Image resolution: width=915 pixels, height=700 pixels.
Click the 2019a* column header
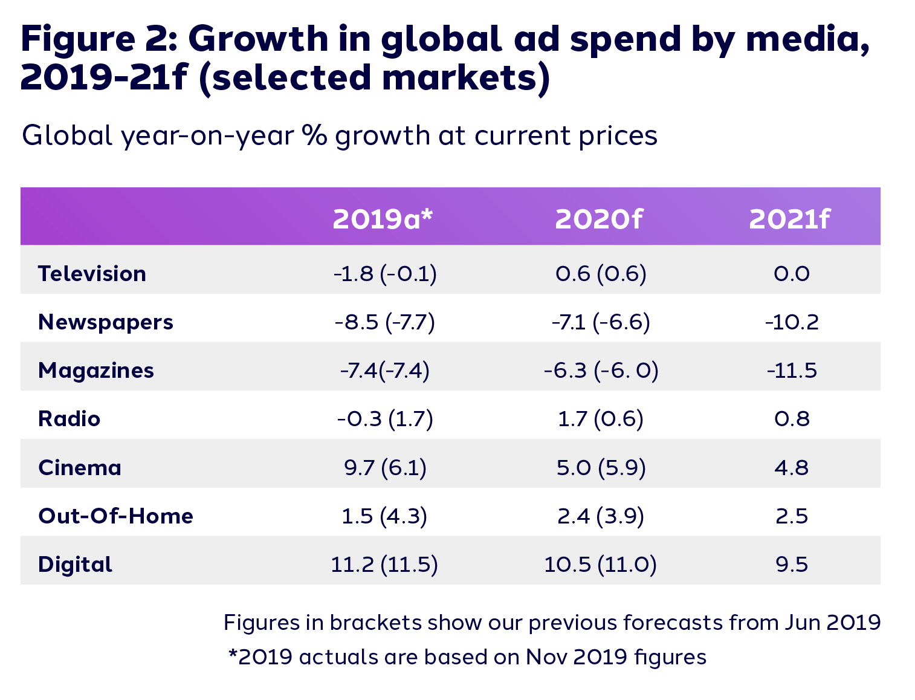(x=383, y=219)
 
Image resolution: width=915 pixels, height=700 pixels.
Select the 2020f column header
(x=599, y=219)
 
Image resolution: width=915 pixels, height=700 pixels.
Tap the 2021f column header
(x=790, y=219)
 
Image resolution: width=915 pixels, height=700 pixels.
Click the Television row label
(x=92, y=274)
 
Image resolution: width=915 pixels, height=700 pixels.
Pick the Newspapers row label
(x=106, y=322)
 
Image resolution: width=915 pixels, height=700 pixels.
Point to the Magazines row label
(x=96, y=371)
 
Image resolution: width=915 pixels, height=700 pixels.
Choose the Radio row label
(x=69, y=419)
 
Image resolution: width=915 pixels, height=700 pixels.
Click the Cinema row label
(x=80, y=468)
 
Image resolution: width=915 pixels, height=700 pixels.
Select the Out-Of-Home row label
(x=115, y=516)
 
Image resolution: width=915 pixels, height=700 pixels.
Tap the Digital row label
(x=75, y=565)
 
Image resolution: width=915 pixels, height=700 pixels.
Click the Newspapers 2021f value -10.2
(x=792, y=322)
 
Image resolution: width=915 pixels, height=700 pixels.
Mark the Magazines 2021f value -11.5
(x=792, y=371)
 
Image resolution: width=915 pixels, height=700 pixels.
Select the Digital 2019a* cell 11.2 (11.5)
(x=384, y=565)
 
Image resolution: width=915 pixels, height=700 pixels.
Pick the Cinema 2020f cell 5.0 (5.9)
(x=601, y=468)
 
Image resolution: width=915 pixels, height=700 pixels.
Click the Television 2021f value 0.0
(x=792, y=274)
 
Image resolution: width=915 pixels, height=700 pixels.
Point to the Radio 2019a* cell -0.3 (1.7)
(x=385, y=419)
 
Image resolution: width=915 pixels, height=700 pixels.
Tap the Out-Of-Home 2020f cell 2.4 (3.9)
(x=601, y=516)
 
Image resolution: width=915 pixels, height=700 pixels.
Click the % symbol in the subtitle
(x=315, y=135)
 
